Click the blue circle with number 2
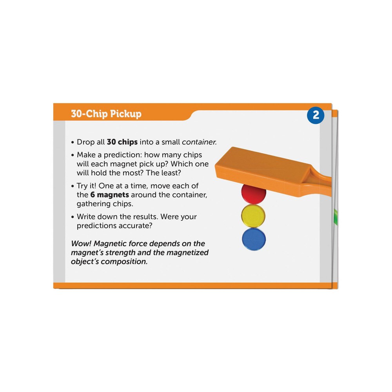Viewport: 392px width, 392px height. tap(316, 115)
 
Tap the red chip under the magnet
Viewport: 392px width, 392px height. tap(254, 194)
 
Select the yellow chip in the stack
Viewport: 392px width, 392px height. tap(253, 216)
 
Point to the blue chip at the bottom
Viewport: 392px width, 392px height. tap(254, 239)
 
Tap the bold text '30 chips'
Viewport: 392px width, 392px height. tap(122, 142)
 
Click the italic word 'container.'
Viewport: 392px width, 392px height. tap(199, 142)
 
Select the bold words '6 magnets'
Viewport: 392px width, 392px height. tap(110, 194)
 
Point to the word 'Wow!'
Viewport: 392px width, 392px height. tap(81, 243)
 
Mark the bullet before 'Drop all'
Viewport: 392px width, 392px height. tap(73, 143)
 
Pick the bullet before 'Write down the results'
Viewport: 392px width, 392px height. tap(73, 217)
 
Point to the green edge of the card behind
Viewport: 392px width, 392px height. tap(336, 216)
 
